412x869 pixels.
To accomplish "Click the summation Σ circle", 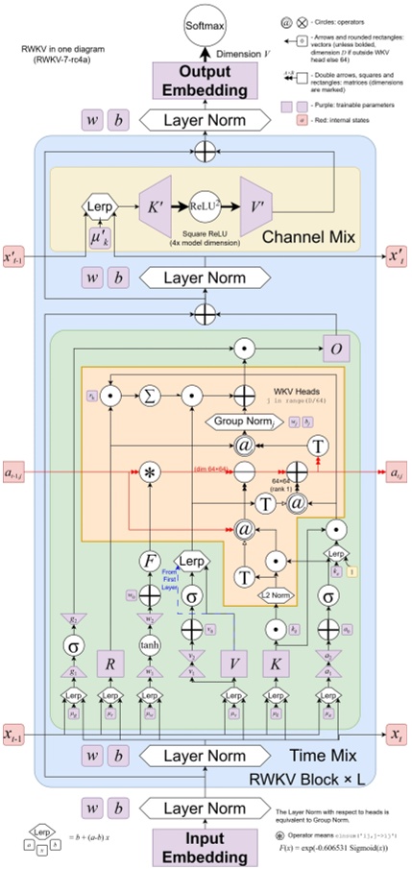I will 150,393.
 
